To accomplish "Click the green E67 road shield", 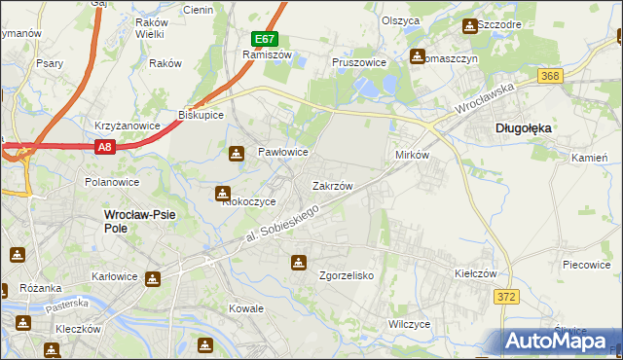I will click(x=265, y=39).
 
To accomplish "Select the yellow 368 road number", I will click(x=550, y=75).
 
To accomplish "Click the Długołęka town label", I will click(x=524, y=126).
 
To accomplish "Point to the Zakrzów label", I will click(x=331, y=185).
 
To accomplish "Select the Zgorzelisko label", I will click(x=347, y=275).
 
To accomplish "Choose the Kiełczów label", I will click(x=476, y=274).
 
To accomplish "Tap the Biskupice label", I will click(x=202, y=114).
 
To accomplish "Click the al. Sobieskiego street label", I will click(x=281, y=224).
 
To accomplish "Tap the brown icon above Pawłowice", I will click(x=237, y=153).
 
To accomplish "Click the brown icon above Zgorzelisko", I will click(x=298, y=261).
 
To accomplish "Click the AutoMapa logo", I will click(x=561, y=342).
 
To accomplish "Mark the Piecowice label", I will click(x=586, y=264).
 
